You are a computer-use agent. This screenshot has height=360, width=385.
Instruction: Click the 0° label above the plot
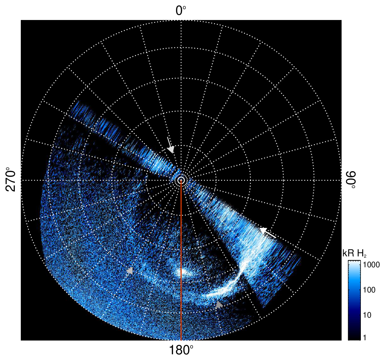181,11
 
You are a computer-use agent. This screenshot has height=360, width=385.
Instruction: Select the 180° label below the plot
181,350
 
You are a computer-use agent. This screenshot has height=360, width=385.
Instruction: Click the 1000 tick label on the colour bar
371,265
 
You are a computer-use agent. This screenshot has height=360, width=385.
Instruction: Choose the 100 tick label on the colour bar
369,290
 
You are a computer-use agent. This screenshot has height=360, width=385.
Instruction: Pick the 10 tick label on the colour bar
367,315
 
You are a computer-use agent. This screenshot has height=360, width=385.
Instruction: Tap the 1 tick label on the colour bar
365,337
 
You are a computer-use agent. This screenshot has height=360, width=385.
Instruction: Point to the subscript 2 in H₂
365,256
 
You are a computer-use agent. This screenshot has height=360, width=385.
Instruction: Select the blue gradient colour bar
354,300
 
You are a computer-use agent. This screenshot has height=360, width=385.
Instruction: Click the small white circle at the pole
181,180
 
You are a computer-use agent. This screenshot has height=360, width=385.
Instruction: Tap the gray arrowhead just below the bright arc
219,304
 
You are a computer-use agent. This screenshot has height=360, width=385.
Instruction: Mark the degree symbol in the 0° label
185,7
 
